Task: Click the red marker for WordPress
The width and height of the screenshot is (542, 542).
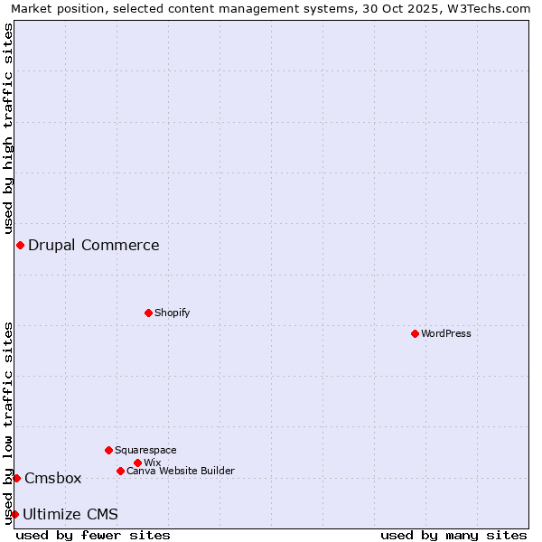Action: [x=415, y=333]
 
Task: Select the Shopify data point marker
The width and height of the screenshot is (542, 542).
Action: [x=148, y=313]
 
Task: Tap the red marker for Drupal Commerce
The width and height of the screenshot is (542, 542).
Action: [x=20, y=245]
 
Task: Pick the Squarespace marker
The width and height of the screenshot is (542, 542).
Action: [x=108, y=450]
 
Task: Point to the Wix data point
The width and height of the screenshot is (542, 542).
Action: [x=137, y=463]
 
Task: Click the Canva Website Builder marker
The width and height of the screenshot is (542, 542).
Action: [x=120, y=471]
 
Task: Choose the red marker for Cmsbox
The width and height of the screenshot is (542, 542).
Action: [x=16, y=478]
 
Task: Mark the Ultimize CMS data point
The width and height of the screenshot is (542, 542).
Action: [x=14, y=514]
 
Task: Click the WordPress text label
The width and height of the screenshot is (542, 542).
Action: [x=446, y=333]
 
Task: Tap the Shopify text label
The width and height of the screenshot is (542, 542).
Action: [x=173, y=313]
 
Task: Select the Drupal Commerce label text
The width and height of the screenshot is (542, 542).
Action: [x=94, y=245]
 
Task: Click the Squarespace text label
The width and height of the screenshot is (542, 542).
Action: [x=145, y=450]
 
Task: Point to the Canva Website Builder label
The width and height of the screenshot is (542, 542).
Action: [x=181, y=471]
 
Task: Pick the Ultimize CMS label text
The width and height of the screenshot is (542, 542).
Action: [x=70, y=514]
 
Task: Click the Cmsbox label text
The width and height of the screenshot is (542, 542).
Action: [x=53, y=478]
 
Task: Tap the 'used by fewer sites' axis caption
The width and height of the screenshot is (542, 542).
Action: [x=93, y=535]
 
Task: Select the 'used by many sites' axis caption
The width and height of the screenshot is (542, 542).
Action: [x=453, y=535]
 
